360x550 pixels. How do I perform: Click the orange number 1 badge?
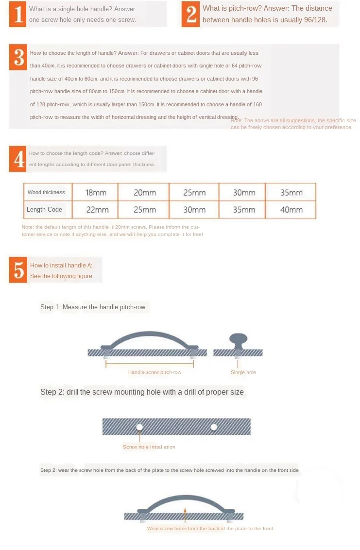click(x=17, y=14)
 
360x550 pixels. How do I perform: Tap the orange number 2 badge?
click(x=190, y=14)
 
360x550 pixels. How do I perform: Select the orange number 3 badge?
click(x=18, y=57)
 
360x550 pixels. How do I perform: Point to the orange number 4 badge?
click(x=17, y=159)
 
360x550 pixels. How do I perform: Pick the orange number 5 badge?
click(x=18, y=270)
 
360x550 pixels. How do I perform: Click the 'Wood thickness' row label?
click(x=46, y=192)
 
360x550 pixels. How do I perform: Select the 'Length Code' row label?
click(x=44, y=209)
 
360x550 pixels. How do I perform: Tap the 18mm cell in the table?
click(x=96, y=193)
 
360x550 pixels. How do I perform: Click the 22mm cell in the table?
click(x=97, y=210)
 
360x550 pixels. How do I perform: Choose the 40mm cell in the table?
click(x=291, y=210)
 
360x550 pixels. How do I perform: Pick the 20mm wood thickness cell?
click(x=144, y=193)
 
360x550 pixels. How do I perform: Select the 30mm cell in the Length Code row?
click(x=194, y=210)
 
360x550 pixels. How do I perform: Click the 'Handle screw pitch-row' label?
click(x=154, y=372)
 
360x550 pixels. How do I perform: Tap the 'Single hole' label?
click(x=243, y=372)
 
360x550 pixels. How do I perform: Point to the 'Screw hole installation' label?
click(x=149, y=447)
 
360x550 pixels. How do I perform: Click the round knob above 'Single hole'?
click(x=238, y=341)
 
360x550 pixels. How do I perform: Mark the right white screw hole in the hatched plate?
click(x=214, y=427)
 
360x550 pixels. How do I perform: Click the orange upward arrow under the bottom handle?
click(x=185, y=514)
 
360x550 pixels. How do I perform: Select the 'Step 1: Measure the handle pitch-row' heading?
click(x=93, y=307)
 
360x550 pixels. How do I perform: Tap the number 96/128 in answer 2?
click(x=315, y=20)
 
